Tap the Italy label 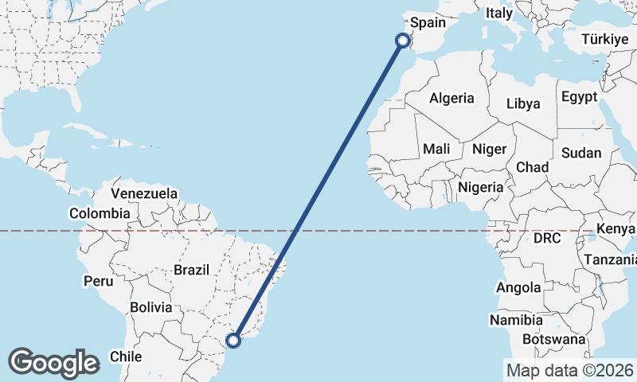pos(499,14)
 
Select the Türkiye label pos(605,39)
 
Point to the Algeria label pos(451,99)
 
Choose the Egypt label pos(579,97)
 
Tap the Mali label pos(436,149)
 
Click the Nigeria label pos(481,187)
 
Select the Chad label pos(533,167)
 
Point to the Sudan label pos(581,153)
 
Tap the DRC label pos(547,238)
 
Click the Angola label pos(518,287)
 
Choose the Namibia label pos(517,320)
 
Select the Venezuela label pos(144,193)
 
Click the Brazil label pos(191,270)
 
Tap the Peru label pos(99,281)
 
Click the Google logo pos(53,362)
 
